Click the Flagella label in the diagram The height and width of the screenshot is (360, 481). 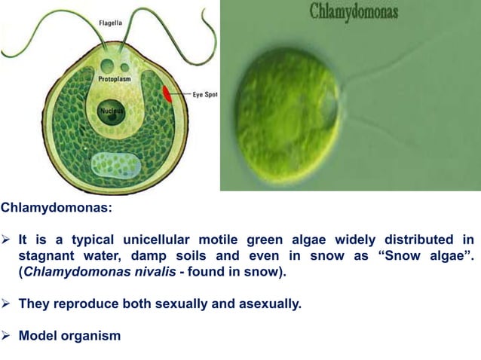[112, 23]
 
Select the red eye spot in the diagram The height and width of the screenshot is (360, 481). [167, 94]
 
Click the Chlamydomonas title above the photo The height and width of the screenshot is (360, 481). [354, 13]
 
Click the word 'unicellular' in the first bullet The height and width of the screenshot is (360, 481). [149, 240]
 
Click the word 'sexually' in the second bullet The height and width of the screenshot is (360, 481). [171, 304]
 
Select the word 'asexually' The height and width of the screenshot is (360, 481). [250, 304]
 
